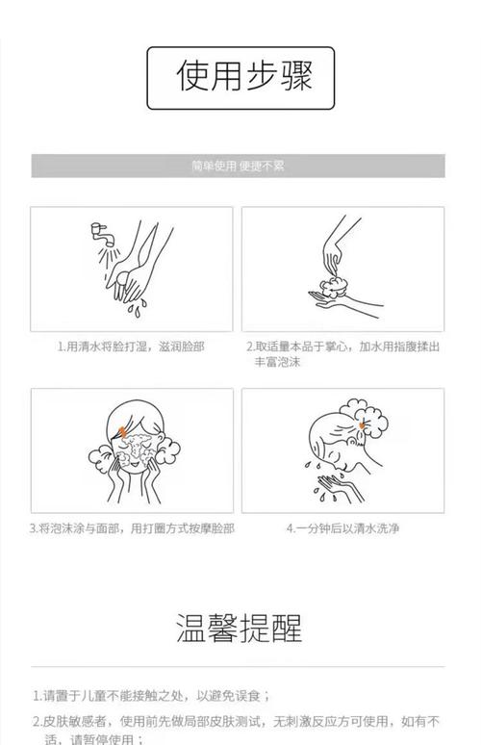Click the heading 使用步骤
pyautogui.click(x=244, y=76)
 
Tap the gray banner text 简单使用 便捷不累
pyautogui.click(x=238, y=166)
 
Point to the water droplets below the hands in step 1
pyautogui.click(x=138, y=307)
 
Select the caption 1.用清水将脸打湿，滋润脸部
pyautogui.click(x=131, y=347)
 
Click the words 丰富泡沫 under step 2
pyautogui.click(x=278, y=362)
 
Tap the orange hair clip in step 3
pyautogui.click(x=121, y=432)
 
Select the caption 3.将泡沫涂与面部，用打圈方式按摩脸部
pyautogui.click(x=132, y=528)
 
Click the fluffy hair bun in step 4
pyautogui.click(x=366, y=416)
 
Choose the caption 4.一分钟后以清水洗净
pyautogui.click(x=342, y=528)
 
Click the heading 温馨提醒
pyautogui.click(x=240, y=628)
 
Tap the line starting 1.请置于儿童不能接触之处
pyautogui.click(x=151, y=696)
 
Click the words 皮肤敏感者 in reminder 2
pyautogui.click(x=74, y=721)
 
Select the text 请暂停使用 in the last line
pyautogui.click(x=102, y=739)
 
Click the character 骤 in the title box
pyautogui.click(x=296, y=76)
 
